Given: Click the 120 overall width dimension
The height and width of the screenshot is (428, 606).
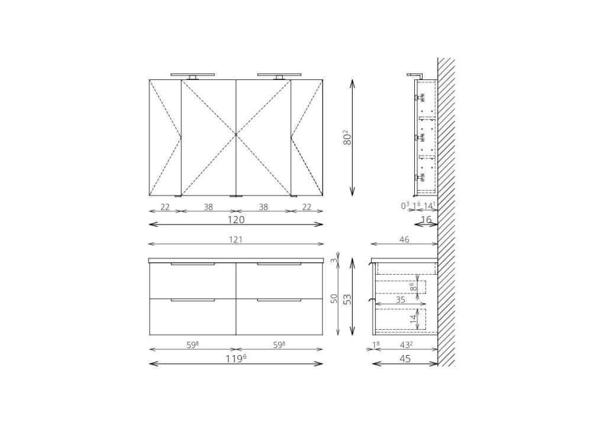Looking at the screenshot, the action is coord(236,220).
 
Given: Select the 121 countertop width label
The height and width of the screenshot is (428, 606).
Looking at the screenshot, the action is coord(236,240).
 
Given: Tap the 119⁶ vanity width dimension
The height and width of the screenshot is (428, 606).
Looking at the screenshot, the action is coord(236,359).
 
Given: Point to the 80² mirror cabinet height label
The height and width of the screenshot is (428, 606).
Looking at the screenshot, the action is coord(347,137).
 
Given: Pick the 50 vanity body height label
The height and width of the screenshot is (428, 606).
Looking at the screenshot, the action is coord(334,298).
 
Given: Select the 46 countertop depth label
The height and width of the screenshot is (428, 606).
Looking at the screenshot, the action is coord(404,240).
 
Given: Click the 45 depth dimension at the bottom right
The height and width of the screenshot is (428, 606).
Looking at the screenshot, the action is coord(405,359).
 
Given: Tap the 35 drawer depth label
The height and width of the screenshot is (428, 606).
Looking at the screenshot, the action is coord(401,300).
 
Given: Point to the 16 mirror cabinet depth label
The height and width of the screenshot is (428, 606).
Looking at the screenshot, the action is coord(426,220).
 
